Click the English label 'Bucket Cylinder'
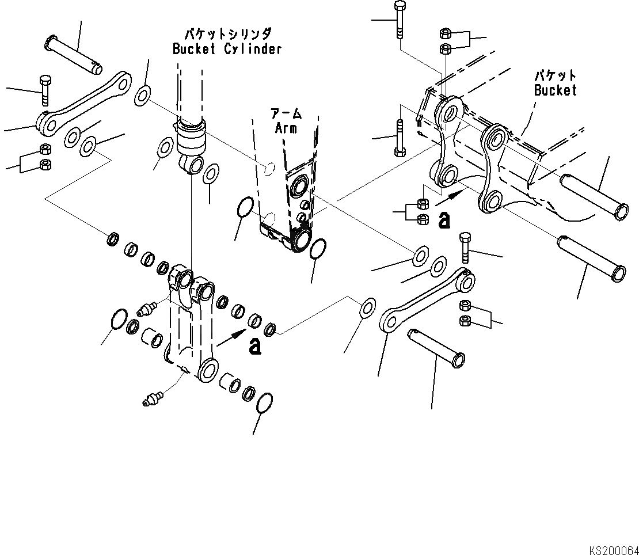click(x=227, y=49)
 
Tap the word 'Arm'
click(x=286, y=128)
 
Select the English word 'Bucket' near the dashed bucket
click(x=555, y=90)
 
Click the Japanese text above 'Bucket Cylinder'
click(x=227, y=33)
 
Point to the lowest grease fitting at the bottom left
click(x=153, y=397)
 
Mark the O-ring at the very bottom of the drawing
click(x=264, y=404)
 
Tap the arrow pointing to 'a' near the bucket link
click(x=448, y=197)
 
